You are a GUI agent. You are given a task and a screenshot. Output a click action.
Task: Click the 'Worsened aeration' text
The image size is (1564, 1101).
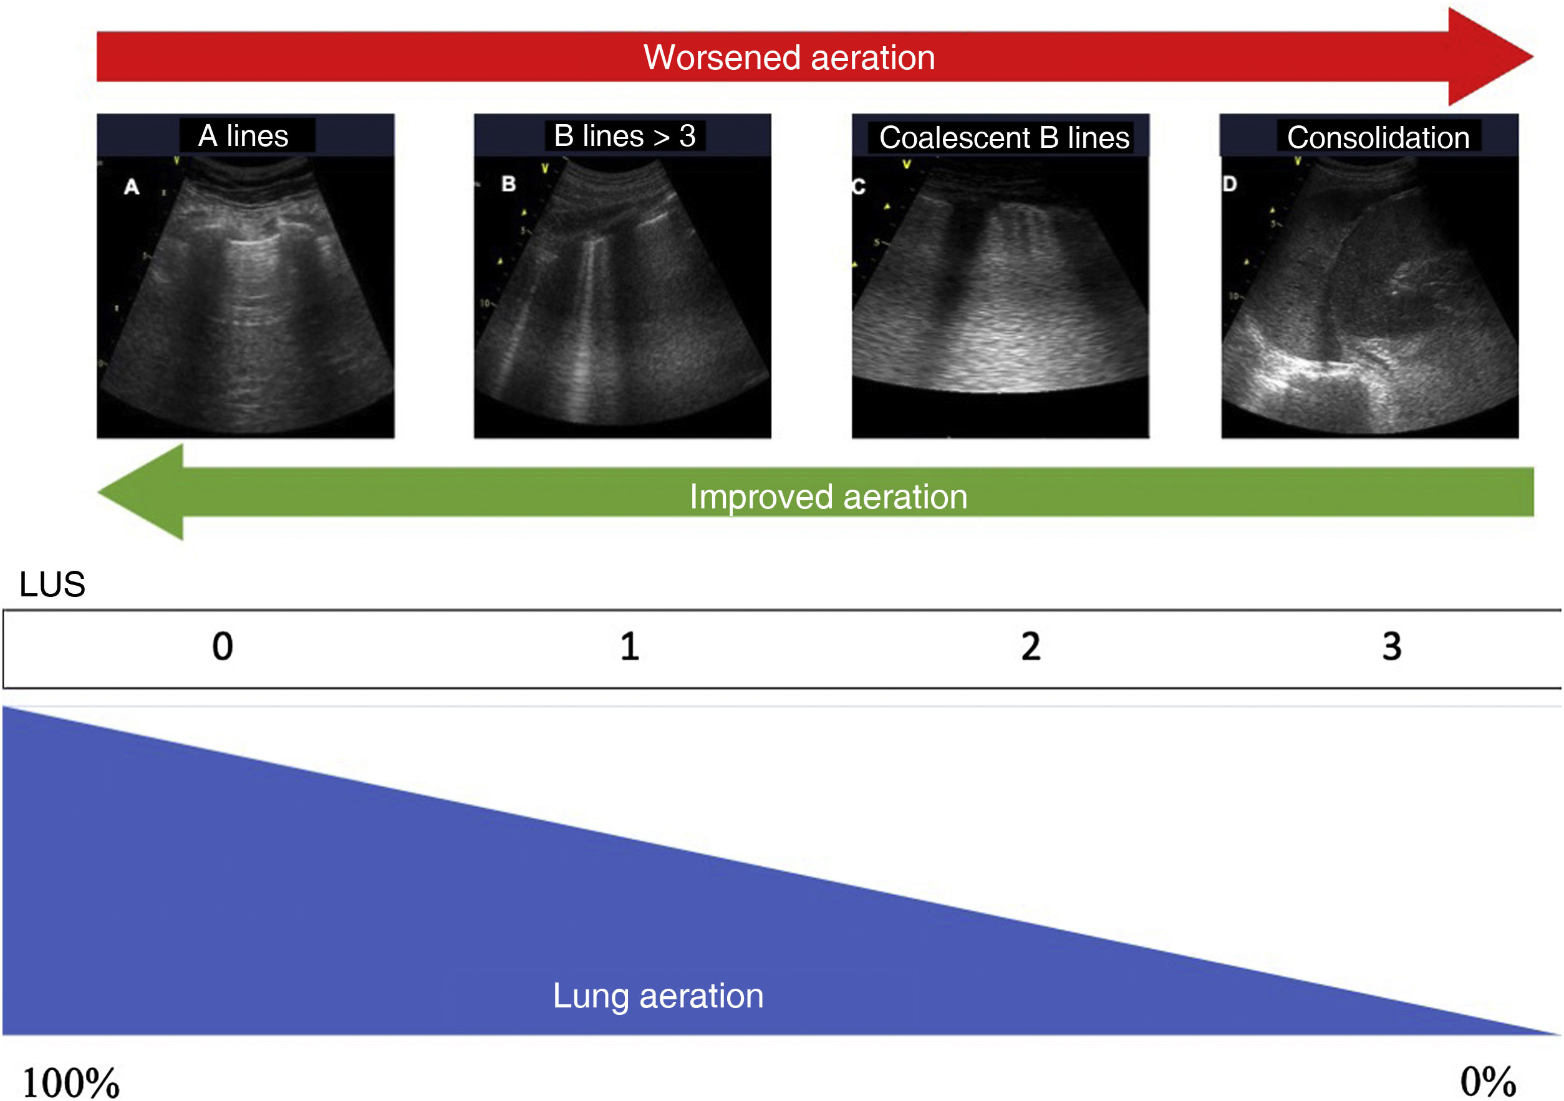(x=789, y=57)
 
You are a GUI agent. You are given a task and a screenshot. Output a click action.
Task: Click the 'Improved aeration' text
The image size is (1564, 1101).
(x=828, y=496)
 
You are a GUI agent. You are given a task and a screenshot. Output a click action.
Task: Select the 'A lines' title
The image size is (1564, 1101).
(x=243, y=135)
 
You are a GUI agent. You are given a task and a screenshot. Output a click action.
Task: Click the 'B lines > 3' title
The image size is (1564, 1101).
(x=624, y=135)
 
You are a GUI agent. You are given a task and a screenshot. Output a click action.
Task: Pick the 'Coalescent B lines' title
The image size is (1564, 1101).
(x=1003, y=138)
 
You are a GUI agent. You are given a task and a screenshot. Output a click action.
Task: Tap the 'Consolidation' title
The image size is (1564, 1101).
(x=1378, y=138)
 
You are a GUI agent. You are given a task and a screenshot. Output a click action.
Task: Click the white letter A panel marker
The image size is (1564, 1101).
(x=132, y=187)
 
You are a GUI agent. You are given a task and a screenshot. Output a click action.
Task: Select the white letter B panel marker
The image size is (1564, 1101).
(x=508, y=184)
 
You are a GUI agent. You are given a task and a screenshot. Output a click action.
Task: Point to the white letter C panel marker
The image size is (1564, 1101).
(x=858, y=186)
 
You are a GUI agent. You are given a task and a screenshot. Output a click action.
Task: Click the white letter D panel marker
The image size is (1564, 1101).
(x=1230, y=184)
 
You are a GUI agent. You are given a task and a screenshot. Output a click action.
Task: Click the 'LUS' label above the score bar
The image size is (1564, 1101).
(x=52, y=584)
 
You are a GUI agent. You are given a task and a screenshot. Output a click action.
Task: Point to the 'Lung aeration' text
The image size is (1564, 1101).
(x=658, y=996)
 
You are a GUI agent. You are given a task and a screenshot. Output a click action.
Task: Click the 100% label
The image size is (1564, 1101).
(x=71, y=1082)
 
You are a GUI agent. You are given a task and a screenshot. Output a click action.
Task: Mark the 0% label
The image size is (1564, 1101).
(x=1488, y=1080)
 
